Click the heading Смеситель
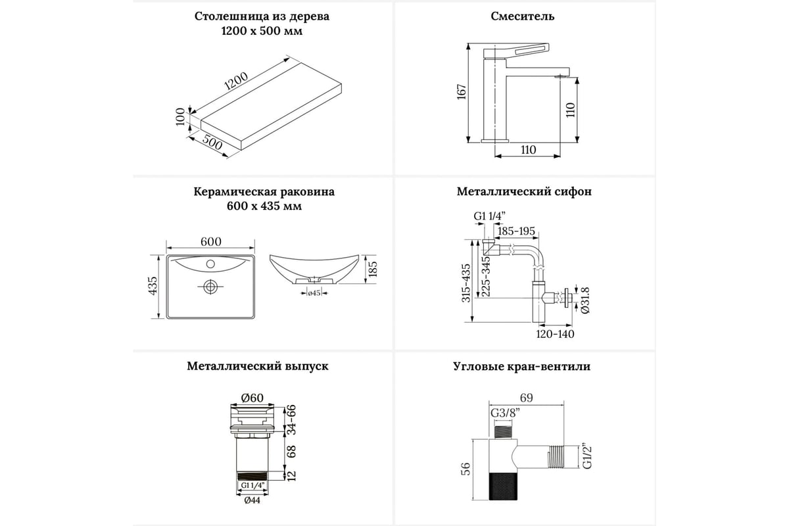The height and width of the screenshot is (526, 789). click(523, 16)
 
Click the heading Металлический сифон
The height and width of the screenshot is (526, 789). click(524, 192)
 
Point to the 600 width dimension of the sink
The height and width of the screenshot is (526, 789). click(210, 242)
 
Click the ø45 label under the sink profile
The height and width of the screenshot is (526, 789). click(314, 293)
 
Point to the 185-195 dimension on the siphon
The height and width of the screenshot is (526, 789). click(517, 231)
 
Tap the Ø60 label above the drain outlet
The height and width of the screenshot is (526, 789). click(252, 397)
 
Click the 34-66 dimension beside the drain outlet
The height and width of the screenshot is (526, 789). click(291, 419)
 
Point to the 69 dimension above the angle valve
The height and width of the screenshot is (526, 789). click(525, 397)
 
